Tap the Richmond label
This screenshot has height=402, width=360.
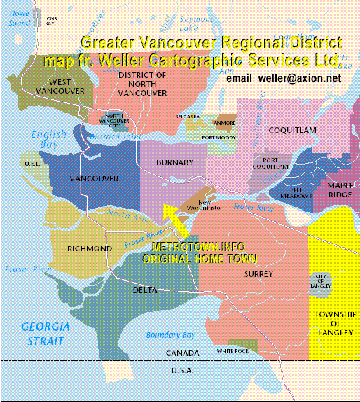(89, 249)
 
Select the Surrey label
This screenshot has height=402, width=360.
(259, 274)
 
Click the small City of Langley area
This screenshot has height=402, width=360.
(321, 281)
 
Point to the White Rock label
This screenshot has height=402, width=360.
(233, 351)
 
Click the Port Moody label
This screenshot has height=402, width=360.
(218, 138)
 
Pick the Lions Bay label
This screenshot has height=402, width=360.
(50, 21)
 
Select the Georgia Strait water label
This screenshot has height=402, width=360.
(45, 333)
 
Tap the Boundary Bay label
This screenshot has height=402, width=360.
(171, 335)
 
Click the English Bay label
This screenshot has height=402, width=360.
(49, 139)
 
